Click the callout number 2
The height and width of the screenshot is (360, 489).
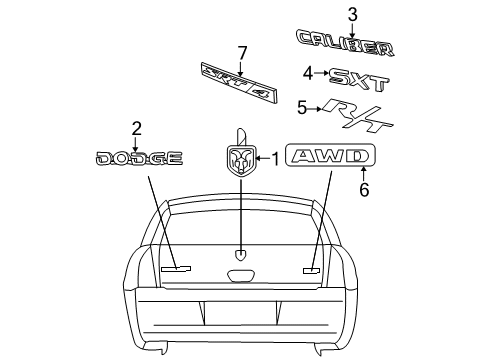click(x=136, y=128)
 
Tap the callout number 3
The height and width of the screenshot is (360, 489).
click(x=351, y=14)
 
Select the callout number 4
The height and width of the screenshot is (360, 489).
click(x=309, y=72)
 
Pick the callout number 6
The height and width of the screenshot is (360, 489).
click(x=364, y=189)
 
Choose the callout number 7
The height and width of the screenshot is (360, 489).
click(x=241, y=52)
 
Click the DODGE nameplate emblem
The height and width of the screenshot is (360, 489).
click(x=138, y=158)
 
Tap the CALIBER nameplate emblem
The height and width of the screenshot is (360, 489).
click(x=350, y=46)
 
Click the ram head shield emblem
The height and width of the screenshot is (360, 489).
click(x=241, y=158)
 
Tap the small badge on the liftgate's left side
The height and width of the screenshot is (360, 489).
click(x=176, y=268)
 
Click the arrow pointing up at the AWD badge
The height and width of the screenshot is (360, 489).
click(x=364, y=173)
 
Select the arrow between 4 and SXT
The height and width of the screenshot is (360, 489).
click(x=321, y=73)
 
